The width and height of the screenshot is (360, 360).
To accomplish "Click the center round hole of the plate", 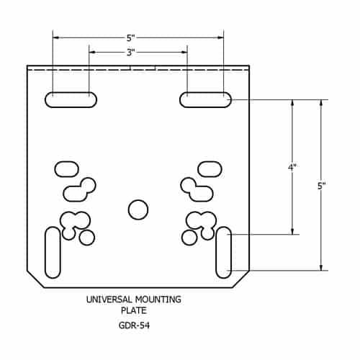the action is click(138, 210).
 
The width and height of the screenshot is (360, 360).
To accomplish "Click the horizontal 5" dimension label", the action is click(131, 38).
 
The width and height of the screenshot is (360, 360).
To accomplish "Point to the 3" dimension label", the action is click(131, 53).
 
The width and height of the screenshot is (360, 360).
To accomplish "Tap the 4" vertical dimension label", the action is click(292, 167).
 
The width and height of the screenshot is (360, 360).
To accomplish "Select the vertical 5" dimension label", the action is click(322, 186).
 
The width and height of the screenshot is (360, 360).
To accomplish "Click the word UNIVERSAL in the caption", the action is click(109, 300).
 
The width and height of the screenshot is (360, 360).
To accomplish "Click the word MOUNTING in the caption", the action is click(158, 300).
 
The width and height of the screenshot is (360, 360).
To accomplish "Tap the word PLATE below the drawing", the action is click(134, 310).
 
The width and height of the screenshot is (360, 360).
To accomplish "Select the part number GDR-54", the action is click(134, 325).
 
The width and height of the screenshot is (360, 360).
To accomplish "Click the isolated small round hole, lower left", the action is click(87, 238).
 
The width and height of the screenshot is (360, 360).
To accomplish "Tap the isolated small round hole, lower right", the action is click(189, 238).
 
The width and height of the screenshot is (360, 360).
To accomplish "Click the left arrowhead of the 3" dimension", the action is click(92, 52).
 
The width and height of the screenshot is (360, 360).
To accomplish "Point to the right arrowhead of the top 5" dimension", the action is click(220, 37).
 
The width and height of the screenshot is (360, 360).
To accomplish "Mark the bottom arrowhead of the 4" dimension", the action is click(292, 231).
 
